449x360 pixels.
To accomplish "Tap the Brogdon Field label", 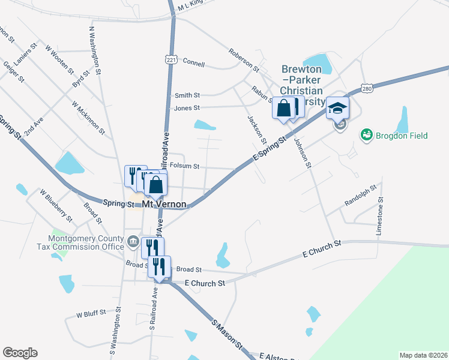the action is coord(402,136).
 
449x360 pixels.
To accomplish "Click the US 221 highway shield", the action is coord(172,60).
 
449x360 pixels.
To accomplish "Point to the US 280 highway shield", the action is coord(368,89).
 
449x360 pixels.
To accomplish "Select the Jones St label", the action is coord(186,108).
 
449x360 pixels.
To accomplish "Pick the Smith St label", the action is coord(187,95).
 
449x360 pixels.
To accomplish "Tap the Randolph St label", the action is coord(360,196).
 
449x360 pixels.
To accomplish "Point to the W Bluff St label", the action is coord(91,313).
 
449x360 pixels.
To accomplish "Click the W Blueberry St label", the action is coord(55,204).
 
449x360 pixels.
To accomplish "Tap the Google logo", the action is coord(20,352).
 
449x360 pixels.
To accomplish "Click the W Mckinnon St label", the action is coord(88,117).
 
